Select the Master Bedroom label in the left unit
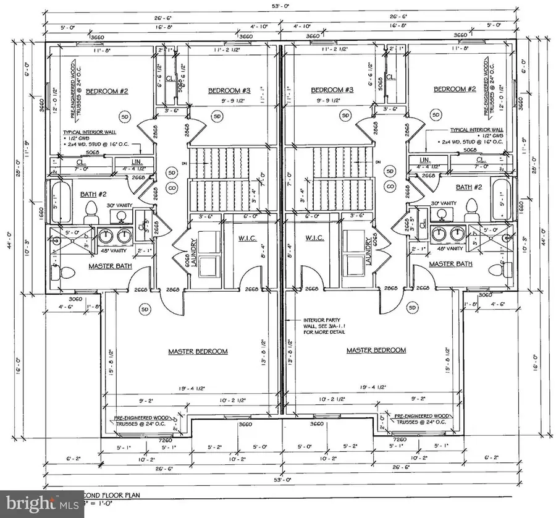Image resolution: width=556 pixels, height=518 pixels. click(198, 351)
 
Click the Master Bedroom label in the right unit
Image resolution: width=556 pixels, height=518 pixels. click(376, 350)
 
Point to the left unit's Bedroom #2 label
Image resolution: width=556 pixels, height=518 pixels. click(106, 91)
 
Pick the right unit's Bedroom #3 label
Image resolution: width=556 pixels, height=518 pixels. click(332, 90)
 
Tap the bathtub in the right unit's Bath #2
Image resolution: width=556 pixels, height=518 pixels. click(500, 197)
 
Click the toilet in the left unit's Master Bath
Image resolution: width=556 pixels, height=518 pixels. click(57, 271)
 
